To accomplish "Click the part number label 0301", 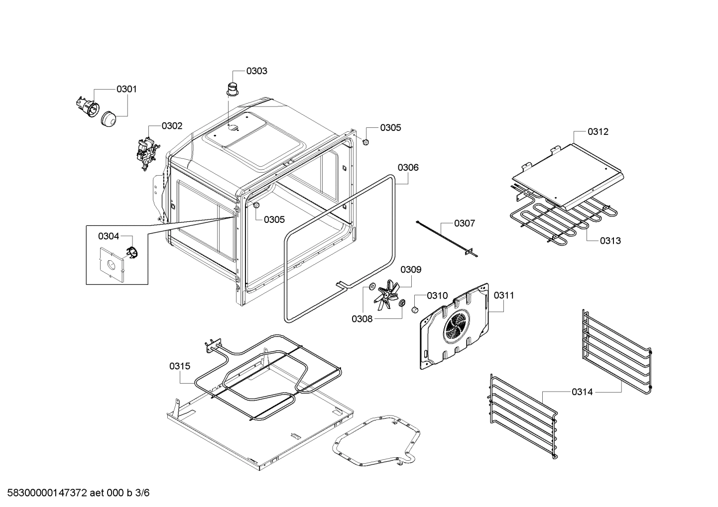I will point(126,89).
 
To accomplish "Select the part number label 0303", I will point(256,71).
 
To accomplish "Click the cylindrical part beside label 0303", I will point(232,89).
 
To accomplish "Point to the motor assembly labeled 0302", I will point(147,150).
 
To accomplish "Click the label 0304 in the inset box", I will point(108,236).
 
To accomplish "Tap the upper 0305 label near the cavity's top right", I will point(390,127).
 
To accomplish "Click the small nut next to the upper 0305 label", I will point(365,142).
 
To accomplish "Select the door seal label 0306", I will point(408,167).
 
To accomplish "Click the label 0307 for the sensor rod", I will point(464,223).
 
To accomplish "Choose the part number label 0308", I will point(362,319).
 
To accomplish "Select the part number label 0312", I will point(598,132).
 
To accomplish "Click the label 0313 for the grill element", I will point(610,240).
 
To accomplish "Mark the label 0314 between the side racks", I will point(582,392).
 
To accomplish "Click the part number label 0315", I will point(179,366).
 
